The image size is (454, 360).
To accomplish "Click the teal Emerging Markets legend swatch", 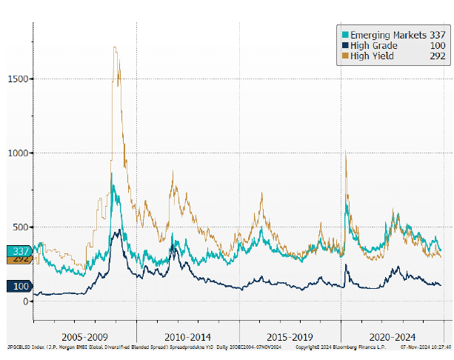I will [345, 35].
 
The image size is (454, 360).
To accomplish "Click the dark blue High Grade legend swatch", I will [345, 45].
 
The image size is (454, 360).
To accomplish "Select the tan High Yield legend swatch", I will [345, 56].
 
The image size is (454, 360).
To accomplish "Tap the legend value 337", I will [438, 35].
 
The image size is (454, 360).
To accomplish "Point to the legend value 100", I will [438, 45].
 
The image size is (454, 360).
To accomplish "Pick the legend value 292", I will [438, 56].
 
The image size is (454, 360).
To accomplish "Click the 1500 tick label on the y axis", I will [18, 79].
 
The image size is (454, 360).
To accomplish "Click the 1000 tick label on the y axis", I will [18, 153].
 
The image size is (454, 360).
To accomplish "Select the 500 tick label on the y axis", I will [20, 227].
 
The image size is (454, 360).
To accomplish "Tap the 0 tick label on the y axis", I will [25, 301].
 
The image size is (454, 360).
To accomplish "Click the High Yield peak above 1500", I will [116, 49].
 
